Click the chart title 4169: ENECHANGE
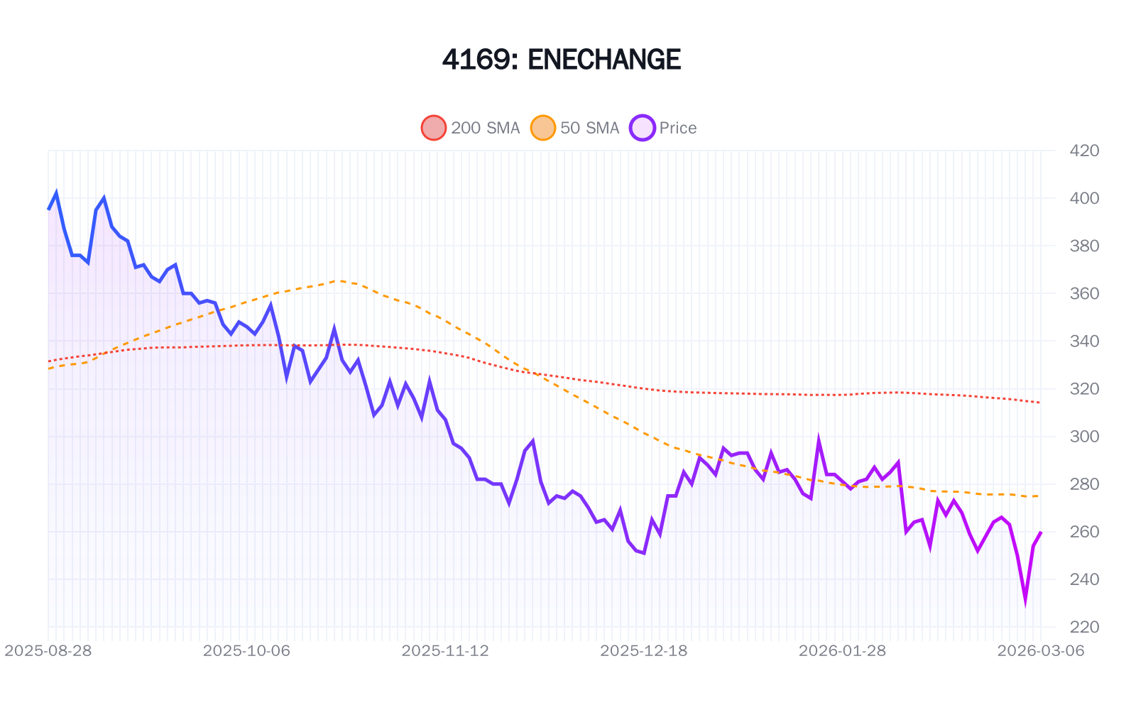561,60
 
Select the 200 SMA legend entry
471,128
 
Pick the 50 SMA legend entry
575,128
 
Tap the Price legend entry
663,128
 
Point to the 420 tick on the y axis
1084,151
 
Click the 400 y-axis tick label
1084,198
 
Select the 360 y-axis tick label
1084,293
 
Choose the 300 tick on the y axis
1084,437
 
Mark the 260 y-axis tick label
1084,532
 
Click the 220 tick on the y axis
1084,627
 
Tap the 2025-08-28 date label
48,651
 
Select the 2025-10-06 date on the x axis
246,651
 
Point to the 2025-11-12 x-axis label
445,651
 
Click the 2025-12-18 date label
644,651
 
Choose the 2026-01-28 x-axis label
842,651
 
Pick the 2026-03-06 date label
1041,651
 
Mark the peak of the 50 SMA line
339,280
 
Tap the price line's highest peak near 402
56,193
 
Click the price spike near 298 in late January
819,440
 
